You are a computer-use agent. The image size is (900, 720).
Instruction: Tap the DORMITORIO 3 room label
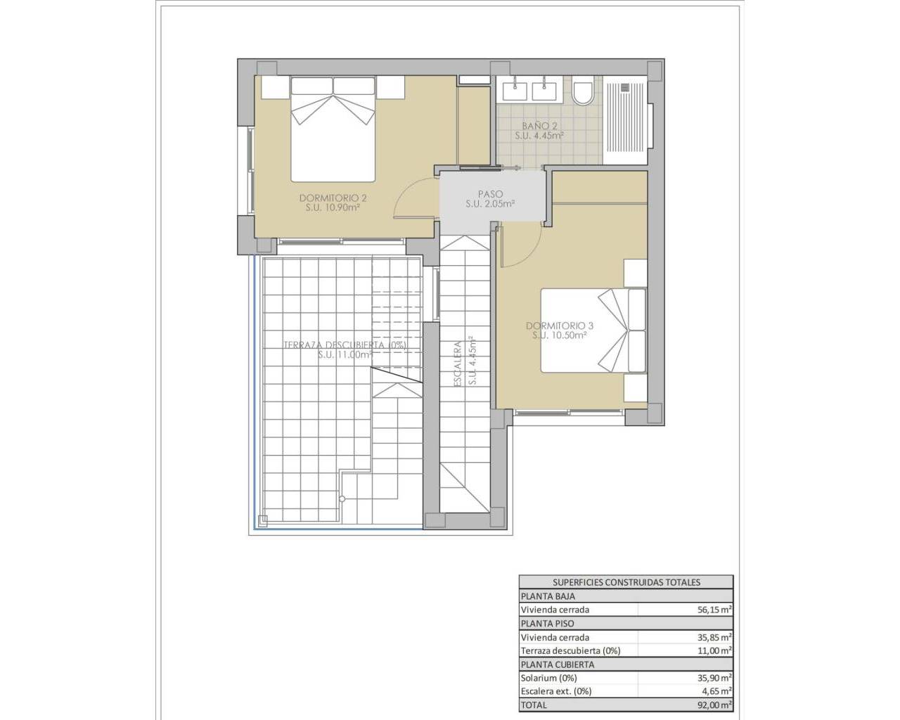tap(560, 326)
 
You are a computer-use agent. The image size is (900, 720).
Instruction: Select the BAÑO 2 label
tap(539, 126)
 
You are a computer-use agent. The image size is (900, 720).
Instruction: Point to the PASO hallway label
tap(490, 194)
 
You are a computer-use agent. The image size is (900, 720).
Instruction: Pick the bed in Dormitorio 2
tap(333, 129)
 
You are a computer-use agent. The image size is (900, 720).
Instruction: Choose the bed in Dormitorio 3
tap(593, 330)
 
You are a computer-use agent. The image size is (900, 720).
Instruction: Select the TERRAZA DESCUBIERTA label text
tap(345, 345)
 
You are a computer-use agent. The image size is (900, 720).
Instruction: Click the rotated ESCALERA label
tap(457, 364)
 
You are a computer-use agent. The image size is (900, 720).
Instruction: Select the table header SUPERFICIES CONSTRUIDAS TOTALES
tap(626, 582)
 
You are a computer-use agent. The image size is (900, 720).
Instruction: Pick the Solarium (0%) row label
tap(549, 678)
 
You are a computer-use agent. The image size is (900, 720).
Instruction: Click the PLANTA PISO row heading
tap(547, 623)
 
